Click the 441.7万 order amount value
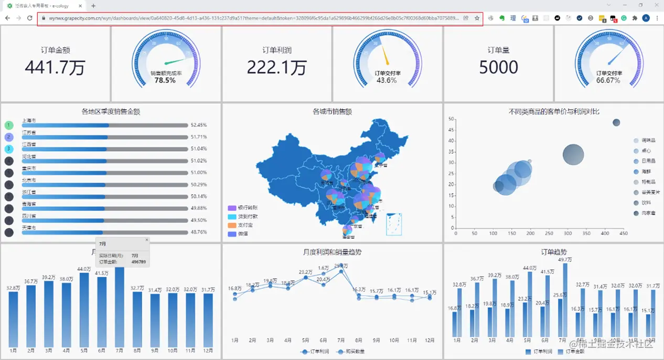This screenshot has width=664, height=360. [55, 67]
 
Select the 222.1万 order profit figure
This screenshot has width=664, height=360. [276, 67]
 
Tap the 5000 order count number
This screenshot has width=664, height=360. [498, 67]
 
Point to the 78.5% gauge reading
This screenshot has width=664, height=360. [165, 80]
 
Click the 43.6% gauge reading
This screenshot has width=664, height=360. [387, 80]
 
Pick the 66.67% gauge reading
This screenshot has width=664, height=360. [608, 80]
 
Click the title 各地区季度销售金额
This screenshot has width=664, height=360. [111, 111]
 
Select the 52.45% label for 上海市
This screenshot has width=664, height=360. [199, 125]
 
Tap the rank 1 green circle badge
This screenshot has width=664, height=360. [9, 125]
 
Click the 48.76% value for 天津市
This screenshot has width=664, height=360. [199, 232]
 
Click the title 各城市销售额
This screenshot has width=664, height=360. [332, 111]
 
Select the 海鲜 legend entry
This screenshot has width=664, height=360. [645, 172]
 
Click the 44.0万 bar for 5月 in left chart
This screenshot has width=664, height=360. [84, 310]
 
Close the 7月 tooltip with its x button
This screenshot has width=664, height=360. [147, 240]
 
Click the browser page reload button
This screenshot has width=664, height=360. [29, 18]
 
